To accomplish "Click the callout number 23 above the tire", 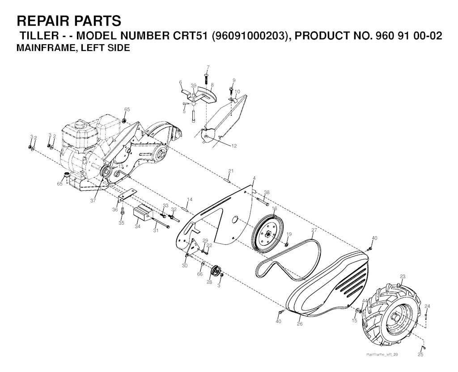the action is click(403, 276).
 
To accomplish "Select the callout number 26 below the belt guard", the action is click(299, 324).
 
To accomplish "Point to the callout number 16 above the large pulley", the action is click(274, 209).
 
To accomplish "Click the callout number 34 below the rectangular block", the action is click(137, 226).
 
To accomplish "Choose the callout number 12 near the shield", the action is click(234, 146).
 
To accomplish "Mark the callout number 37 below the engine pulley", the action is click(93, 201).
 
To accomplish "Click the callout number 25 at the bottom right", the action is click(420, 355).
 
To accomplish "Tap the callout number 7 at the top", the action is click(208, 67).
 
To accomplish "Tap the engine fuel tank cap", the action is click(79, 125).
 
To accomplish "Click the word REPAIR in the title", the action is click(44, 21).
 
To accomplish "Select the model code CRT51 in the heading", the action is click(189, 36).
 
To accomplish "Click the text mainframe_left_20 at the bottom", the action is click(382, 355).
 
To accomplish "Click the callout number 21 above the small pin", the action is click(231, 171).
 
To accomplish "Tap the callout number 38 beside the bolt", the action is click(267, 192).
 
